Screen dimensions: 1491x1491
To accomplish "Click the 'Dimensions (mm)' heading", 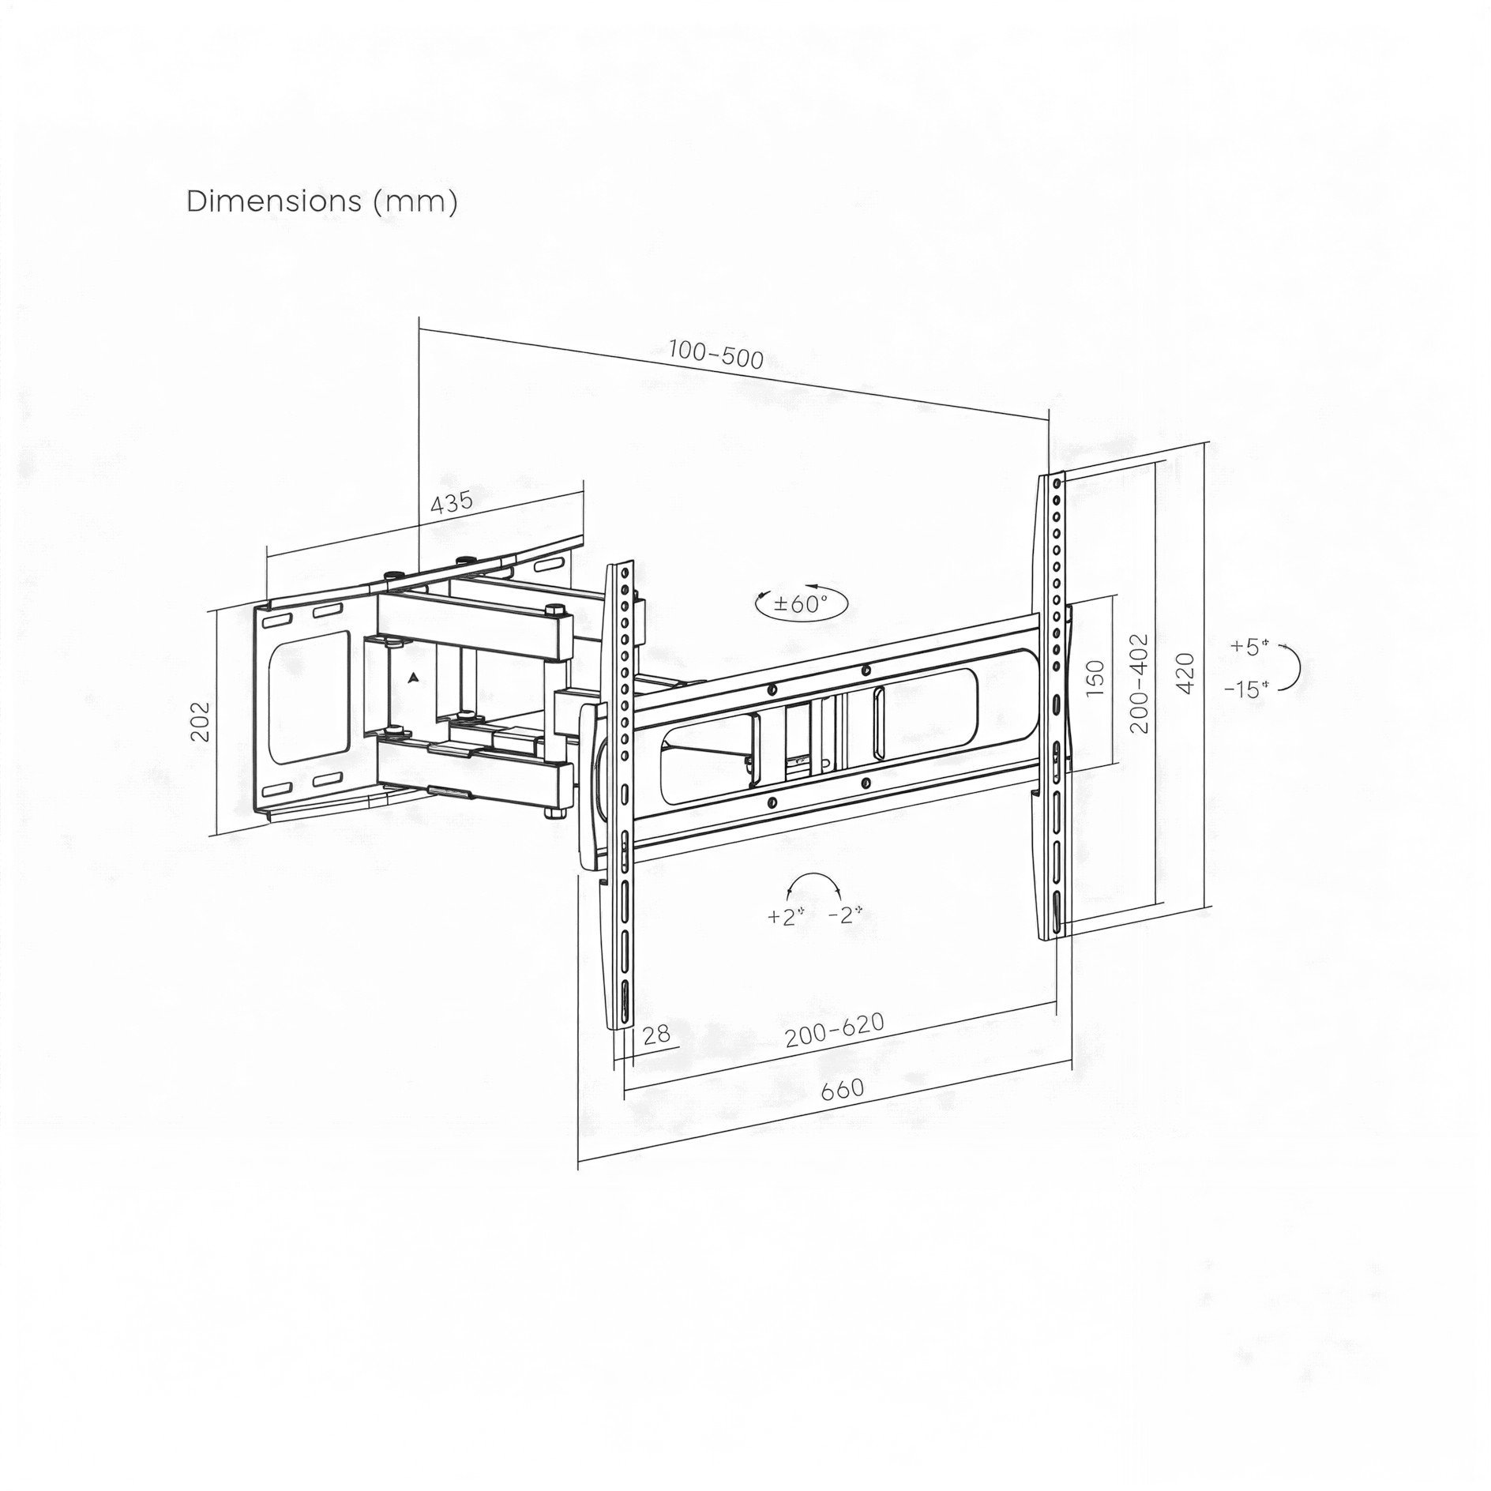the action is [321, 202].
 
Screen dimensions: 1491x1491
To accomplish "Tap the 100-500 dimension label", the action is [715, 355].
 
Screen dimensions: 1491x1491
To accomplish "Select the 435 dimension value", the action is [451, 502].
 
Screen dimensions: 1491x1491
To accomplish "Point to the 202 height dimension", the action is [201, 720].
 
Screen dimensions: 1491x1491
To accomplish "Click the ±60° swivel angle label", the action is [801, 605].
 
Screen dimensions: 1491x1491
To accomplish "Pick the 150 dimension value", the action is [1095, 678].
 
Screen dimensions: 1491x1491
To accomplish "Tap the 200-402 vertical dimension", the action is [1138, 683].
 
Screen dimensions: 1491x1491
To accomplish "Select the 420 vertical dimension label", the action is [1185, 673].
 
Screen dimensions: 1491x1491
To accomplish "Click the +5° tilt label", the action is [1249, 647].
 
